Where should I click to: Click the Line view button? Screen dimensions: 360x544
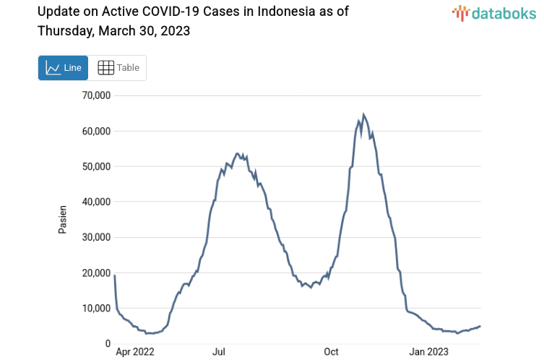click(63, 68)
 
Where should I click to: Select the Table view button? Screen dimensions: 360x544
click(118, 68)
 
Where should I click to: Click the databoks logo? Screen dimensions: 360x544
click(495, 13)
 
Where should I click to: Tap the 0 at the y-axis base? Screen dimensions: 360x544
click(106, 343)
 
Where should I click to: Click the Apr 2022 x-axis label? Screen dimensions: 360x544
click(135, 352)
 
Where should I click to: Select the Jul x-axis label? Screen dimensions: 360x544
click(219, 352)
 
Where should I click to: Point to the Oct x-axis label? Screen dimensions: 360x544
click(331, 352)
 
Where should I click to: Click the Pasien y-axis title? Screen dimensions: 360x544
click(62, 220)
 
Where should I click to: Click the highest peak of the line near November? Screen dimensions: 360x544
click(363, 114)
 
